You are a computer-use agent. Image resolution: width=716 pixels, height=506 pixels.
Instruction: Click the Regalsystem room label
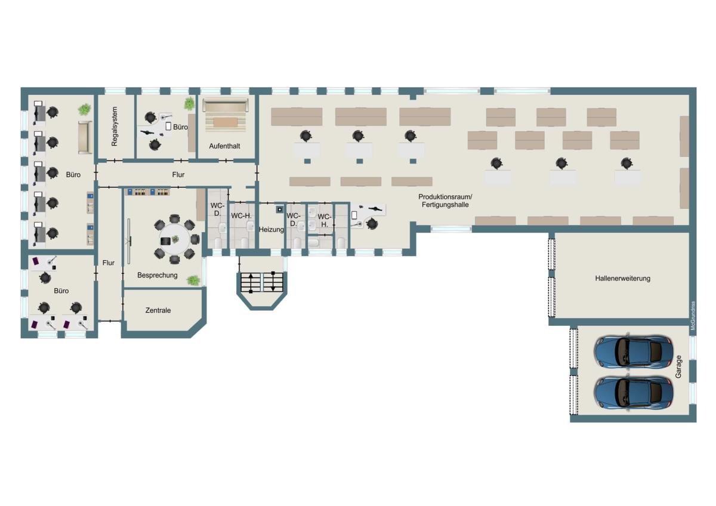click(x=115, y=126)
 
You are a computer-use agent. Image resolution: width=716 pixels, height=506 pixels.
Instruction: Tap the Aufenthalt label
click(x=225, y=146)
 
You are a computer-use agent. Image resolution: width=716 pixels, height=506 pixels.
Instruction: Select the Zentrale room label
click(x=158, y=310)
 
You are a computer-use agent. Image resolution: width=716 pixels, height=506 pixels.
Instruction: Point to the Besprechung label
click(x=158, y=275)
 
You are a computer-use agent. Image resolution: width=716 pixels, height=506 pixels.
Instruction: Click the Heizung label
click(x=271, y=230)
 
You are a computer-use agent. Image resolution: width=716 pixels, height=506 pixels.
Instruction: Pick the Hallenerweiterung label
click(x=623, y=279)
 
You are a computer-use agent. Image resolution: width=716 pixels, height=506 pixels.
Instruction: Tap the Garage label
click(x=678, y=366)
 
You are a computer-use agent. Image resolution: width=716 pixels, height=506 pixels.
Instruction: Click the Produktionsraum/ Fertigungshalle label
click(x=445, y=200)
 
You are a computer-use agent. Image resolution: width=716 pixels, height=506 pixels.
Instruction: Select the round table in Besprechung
click(x=175, y=239)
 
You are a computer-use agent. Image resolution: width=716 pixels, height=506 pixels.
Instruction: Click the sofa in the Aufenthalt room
click(x=226, y=105)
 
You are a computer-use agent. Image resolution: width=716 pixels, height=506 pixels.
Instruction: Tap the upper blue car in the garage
click(x=633, y=353)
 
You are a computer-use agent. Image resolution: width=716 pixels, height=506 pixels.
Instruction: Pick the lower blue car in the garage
click(x=633, y=393)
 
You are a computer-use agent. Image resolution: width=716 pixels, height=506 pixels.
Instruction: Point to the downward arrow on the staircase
click(x=273, y=281)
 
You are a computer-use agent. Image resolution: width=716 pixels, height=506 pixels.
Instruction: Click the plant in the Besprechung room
click(x=193, y=280)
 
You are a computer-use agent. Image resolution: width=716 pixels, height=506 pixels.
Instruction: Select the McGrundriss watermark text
click(x=693, y=316)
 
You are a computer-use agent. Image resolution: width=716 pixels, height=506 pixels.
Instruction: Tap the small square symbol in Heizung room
click(x=280, y=209)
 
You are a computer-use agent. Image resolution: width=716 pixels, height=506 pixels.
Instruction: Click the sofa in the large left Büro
click(x=85, y=137)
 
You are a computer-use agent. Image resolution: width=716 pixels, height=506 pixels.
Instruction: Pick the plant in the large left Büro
click(x=84, y=110)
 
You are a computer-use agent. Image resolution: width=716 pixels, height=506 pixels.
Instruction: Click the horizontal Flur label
click(x=178, y=175)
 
